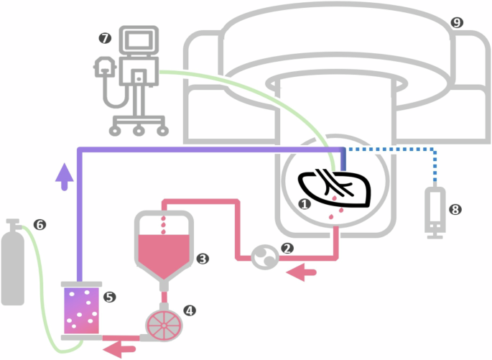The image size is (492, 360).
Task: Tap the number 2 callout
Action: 288,249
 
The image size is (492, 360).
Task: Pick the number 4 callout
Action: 190,310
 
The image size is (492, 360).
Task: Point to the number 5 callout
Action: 109,296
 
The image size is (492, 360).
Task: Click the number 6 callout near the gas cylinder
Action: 40,225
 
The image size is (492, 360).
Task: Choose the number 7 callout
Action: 106,37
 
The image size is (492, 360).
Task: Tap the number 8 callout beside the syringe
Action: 454,210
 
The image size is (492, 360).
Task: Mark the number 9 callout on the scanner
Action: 457,22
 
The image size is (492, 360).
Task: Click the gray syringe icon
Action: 434,211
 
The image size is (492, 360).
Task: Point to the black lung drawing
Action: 336,188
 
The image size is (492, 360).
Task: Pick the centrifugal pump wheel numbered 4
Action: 164,326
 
